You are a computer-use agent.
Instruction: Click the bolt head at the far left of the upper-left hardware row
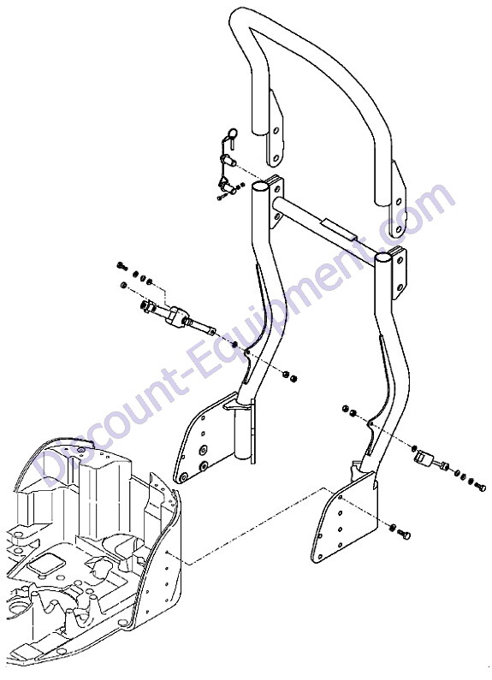pos(121,265)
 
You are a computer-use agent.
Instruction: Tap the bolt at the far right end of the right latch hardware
pos(479,487)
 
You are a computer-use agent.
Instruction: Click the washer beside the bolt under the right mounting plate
pos(392,528)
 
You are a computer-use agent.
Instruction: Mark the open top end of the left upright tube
pos(260,187)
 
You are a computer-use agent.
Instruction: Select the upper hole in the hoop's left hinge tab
pos(276,130)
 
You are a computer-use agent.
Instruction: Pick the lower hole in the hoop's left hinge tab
pos(275,157)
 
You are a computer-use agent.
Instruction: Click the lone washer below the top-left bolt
pos(123,285)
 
